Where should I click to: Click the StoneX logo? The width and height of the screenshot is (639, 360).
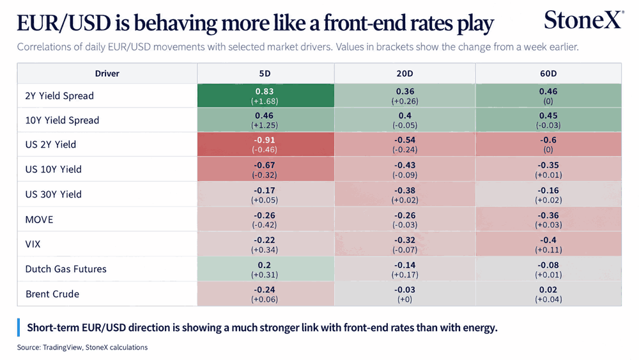click(x=583, y=20)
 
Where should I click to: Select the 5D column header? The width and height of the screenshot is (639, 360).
click(x=265, y=74)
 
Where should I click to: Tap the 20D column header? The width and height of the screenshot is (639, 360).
click(x=404, y=74)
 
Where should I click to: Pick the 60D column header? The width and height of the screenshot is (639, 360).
click(x=548, y=74)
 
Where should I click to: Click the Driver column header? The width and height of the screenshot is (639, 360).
click(x=107, y=74)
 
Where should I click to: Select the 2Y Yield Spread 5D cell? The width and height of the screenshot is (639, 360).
click(x=266, y=96)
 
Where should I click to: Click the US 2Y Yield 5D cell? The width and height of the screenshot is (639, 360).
click(x=266, y=145)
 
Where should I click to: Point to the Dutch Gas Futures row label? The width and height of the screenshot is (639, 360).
click(x=66, y=269)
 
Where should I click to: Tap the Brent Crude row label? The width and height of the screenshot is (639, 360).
click(x=52, y=294)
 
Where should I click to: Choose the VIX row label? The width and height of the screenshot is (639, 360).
click(x=33, y=244)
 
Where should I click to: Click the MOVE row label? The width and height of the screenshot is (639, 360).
click(x=39, y=220)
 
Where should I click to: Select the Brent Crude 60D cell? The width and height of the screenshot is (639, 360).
click(x=548, y=294)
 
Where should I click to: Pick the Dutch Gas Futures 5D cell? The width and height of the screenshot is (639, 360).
click(x=266, y=269)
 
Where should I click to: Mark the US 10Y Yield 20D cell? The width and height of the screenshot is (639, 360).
click(x=405, y=169)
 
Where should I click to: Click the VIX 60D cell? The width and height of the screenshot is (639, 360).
click(x=548, y=244)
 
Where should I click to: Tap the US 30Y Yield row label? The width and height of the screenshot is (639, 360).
click(x=54, y=194)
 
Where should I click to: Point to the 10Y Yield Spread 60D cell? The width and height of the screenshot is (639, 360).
click(x=548, y=120)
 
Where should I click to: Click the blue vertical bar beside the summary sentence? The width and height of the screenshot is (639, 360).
click(x=19, y=327)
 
